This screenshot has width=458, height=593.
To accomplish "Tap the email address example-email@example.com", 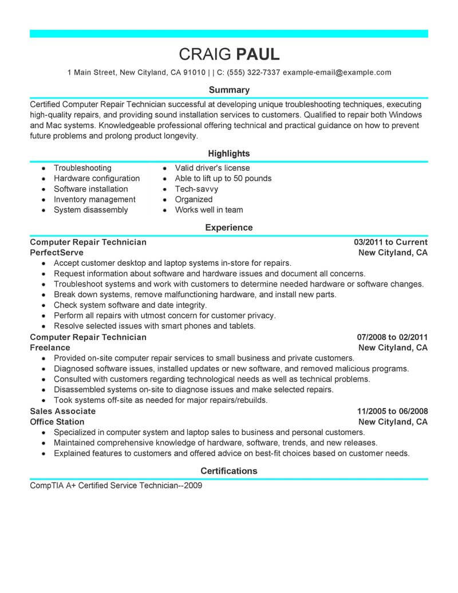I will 337,73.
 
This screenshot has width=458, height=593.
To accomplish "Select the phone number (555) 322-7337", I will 253,73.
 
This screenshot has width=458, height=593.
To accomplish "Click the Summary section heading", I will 229,90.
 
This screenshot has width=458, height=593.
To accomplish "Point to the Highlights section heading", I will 229,154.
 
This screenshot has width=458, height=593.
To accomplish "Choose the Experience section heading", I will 229,227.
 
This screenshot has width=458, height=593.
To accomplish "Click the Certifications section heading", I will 229,471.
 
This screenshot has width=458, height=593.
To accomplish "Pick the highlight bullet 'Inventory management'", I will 94,199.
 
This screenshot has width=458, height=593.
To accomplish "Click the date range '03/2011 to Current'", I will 391,242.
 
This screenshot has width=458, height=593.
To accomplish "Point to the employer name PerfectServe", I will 57,253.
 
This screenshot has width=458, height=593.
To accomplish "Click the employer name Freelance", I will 50,348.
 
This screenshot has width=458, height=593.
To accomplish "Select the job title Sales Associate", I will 62,411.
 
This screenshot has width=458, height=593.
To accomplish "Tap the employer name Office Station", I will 58,422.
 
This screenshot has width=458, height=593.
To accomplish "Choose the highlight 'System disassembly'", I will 91,210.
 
